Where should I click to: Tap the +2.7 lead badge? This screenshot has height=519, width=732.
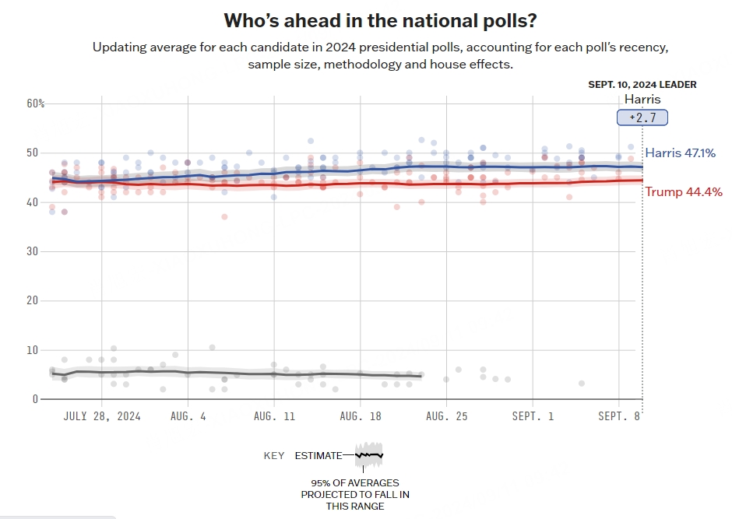(642, 117)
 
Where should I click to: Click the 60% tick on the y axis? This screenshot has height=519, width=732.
(37, 103)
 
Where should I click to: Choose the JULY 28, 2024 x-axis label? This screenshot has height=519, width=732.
(102, 416)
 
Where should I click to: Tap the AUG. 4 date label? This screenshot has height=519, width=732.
(188, 416)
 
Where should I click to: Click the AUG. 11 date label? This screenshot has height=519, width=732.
(274, 416)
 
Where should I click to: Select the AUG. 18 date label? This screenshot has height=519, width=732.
(360, 416)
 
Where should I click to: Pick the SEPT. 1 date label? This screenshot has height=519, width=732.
(533, 416)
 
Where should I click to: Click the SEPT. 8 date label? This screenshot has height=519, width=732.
(619, 416)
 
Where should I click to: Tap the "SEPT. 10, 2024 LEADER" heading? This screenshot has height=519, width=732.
(642, 84)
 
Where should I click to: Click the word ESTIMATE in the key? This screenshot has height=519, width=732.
(318, 456)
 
